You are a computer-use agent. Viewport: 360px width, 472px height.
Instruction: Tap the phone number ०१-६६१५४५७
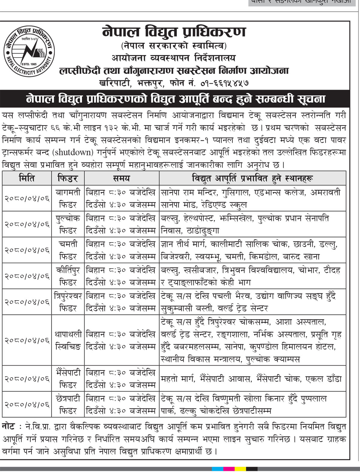(x=225, y=82)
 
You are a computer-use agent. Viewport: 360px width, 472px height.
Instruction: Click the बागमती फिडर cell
(x=68, y=198)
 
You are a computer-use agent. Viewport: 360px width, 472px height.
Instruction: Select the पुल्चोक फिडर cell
(x=68, y=224)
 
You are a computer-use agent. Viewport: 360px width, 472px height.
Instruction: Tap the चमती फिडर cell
(x=68, y=250)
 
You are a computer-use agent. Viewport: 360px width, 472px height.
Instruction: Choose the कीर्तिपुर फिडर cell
(x=68, y=276)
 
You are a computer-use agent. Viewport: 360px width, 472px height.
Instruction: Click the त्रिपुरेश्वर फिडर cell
(x=68, y=302)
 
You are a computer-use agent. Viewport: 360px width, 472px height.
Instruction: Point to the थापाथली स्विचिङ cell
(x=68, y=340)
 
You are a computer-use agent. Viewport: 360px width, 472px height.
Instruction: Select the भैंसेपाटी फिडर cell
(x=68, y=378)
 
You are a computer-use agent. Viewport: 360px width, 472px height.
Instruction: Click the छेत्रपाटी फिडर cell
(x=68, y=404)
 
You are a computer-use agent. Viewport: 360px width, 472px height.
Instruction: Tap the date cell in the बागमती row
(x=27, y=198)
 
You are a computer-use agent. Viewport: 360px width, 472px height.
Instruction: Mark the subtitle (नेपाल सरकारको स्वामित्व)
(x=174, y=46)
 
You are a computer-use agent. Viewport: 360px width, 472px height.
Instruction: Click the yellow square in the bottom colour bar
(x=240, y=469)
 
